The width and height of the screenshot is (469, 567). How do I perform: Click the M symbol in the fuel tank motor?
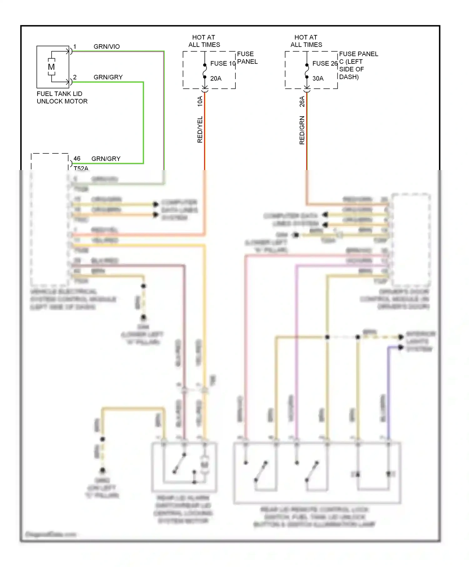coord(51,67)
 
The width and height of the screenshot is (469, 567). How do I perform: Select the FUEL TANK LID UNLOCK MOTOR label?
coord(62,98)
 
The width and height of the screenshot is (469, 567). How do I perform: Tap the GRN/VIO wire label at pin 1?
coord(107,47)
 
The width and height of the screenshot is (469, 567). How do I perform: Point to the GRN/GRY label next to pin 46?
coord(106,159)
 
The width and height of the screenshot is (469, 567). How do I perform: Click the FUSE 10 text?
coord(223,63)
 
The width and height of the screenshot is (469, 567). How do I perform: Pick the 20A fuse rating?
coord(216,78)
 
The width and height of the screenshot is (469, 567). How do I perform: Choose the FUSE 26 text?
coord(325,63)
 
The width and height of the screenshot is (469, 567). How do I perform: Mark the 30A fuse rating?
coord(318,78)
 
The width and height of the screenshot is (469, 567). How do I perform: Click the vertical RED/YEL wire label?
coord(200,130)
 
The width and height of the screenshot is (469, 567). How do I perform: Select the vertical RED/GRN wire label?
coord(302,130)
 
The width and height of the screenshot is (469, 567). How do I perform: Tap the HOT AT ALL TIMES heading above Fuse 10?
coord(204,41)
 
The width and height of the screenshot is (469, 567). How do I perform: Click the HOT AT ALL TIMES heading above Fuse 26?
coord(306,41)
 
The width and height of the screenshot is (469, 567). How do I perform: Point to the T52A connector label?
coord(81,168)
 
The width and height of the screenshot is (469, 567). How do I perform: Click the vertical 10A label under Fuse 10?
coord(200,101)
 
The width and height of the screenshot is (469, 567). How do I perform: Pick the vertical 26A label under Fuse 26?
coord(302,101)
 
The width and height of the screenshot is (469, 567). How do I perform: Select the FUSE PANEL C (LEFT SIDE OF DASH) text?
coord(358,65)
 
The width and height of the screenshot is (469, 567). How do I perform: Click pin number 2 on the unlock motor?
coord(75,77)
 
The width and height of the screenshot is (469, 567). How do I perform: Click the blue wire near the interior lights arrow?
coord(389,391)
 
